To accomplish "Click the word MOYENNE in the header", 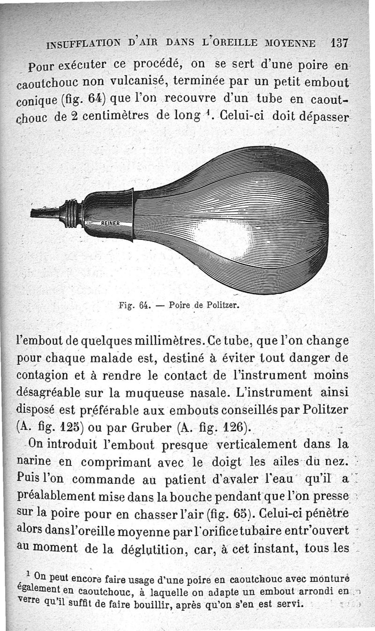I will (287, 43).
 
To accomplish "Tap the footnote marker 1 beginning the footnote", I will (29, 575).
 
